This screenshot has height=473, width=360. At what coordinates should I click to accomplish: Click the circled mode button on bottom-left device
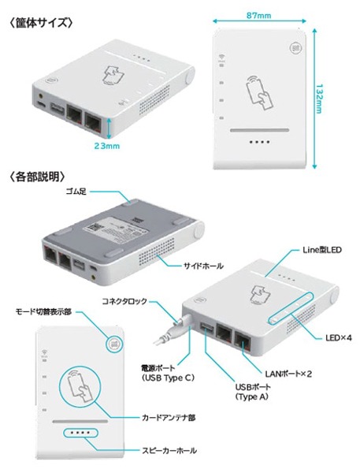point(113,344)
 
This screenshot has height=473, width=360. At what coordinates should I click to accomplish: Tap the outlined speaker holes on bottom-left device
point(81,434)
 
